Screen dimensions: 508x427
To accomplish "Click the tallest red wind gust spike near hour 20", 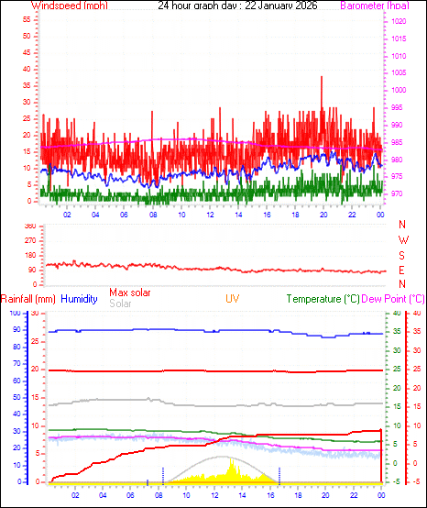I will (322, 78).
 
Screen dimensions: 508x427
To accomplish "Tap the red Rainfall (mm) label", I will (28, 299).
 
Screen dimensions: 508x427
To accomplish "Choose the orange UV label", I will (233, 299).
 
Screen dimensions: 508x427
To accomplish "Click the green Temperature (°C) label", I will (323, 299).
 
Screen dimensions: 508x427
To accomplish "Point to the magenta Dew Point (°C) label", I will (393, 299).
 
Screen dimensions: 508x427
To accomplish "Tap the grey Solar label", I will (120, 304).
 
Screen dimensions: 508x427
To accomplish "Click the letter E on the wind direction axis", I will (403, 271).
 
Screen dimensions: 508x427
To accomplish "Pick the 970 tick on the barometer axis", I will (397, 193).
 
